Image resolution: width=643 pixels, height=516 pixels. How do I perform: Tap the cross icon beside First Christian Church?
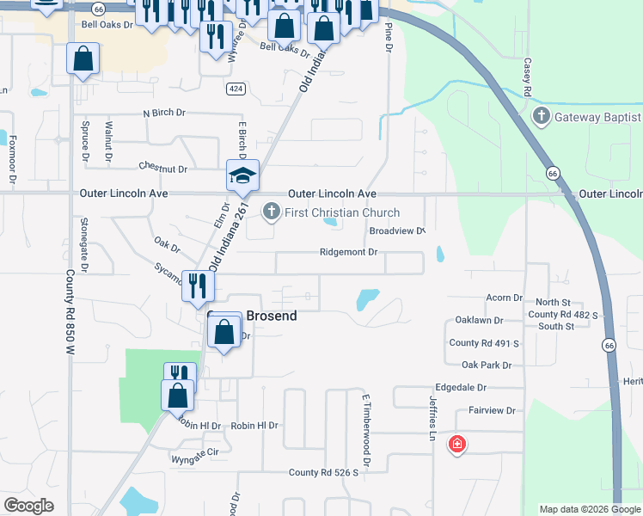(272, 212)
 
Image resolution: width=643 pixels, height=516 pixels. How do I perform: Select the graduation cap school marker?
(242, 176)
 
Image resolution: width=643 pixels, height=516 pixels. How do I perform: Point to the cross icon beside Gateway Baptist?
(542, 116)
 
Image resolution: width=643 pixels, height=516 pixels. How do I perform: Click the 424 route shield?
(236, 89)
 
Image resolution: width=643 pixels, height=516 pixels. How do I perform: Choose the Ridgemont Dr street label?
(349, 252)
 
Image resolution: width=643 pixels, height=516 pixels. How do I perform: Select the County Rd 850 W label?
(70, 314)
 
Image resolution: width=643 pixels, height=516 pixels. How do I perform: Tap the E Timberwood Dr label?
(365, 431)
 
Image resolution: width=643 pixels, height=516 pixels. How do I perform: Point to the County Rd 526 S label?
(323, 472)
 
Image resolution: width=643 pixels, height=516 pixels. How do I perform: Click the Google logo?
(28, 506)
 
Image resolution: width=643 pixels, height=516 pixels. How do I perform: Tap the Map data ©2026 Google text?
(590, 509)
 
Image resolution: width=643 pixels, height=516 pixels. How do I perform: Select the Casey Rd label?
(524, 78)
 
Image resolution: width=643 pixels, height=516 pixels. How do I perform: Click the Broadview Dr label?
(397, 231)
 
